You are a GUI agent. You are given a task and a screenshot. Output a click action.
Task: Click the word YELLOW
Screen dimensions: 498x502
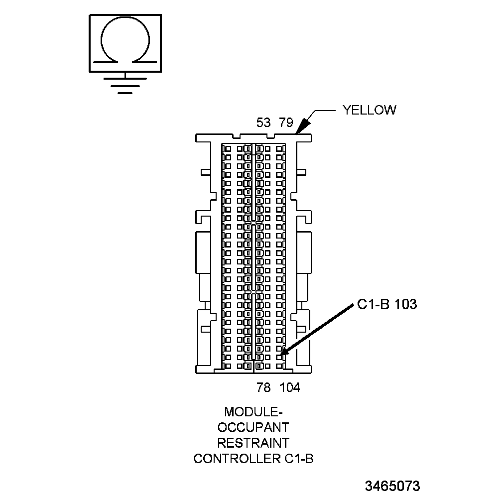click(369, 110)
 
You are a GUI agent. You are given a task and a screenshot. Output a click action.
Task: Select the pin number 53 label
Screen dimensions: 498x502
click(263, 123)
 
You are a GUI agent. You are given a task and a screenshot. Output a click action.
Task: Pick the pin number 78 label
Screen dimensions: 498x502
click(264, 387)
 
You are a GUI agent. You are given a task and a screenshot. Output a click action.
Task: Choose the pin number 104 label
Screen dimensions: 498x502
click(290, 387)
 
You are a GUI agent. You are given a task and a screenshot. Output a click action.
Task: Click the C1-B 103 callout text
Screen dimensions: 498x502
click(387, 304)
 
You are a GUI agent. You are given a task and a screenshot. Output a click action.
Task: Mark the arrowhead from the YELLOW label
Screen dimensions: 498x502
click(300, 129)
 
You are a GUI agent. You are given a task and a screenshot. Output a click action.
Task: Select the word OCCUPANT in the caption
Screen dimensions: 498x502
click(253, 427)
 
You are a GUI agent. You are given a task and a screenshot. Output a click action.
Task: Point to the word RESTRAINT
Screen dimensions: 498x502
click(253, 443)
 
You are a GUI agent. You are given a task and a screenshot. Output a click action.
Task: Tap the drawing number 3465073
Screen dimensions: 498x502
click(392, 486)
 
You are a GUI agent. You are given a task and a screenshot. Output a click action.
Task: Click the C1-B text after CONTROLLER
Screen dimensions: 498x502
click(299, 458)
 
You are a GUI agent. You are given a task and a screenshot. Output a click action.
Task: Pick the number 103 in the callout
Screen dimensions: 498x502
click(405, 304)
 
